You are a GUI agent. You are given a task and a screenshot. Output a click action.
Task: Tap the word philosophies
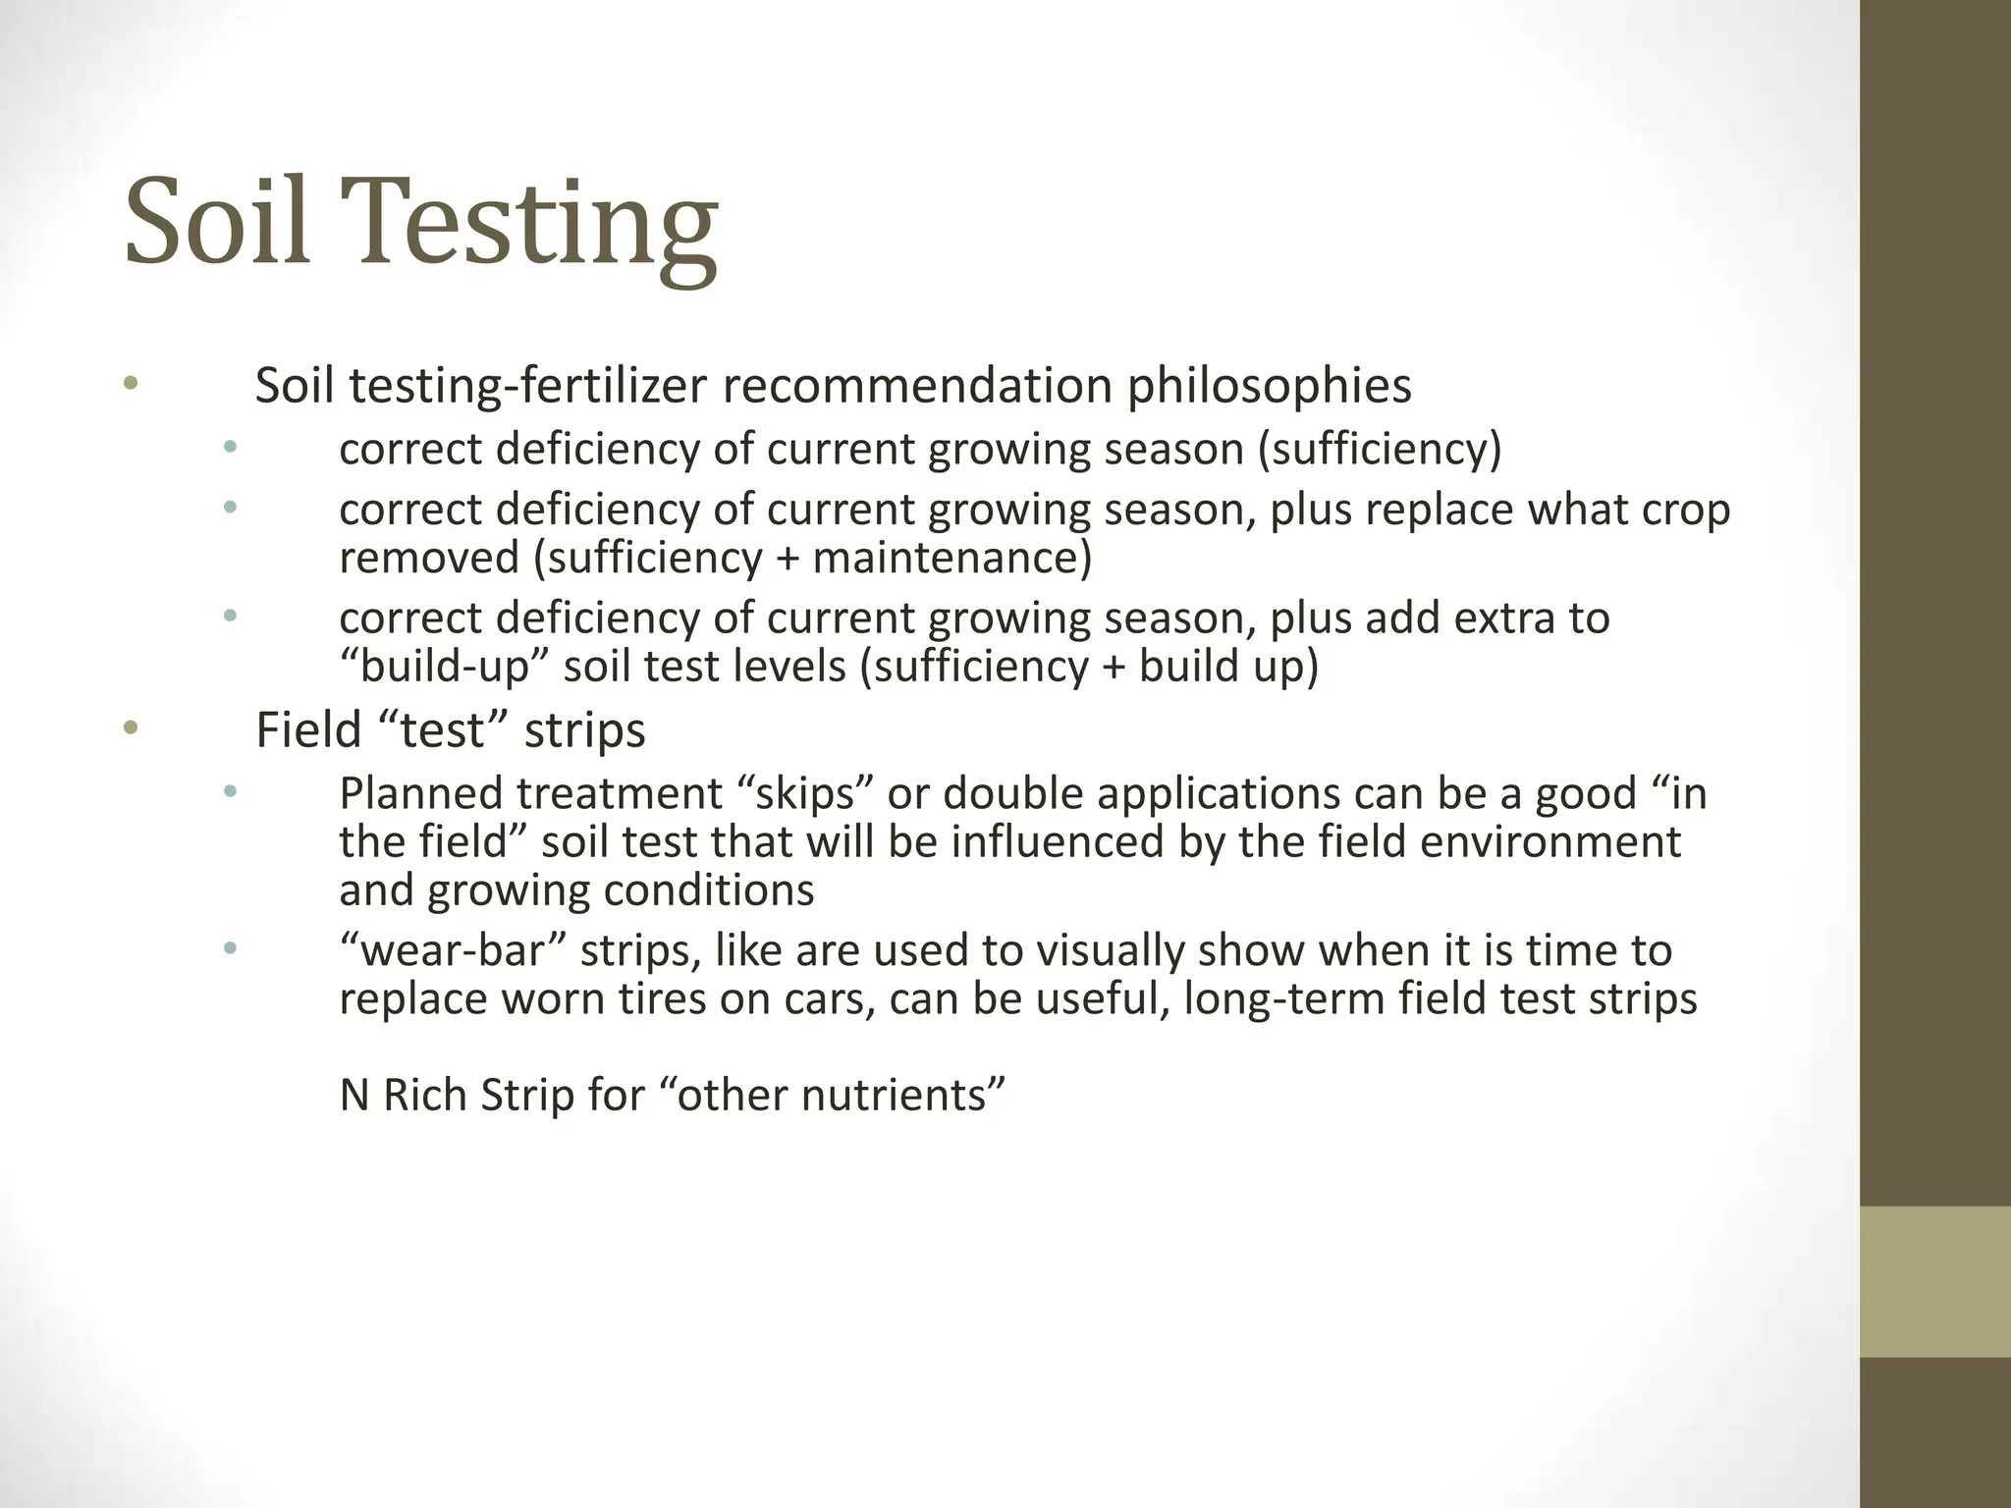coord(1269,386)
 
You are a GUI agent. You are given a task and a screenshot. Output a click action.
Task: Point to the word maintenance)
coord(951,558)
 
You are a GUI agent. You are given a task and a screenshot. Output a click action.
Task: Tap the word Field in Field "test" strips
coord(308,730)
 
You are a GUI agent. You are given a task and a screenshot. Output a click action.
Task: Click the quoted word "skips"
coord(804,793)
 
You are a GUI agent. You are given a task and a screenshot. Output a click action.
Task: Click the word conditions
coord(708,890)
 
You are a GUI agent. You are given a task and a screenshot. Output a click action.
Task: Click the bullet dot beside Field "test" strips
coord(132,728)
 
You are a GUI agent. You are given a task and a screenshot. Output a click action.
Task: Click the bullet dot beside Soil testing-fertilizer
coord(132,384)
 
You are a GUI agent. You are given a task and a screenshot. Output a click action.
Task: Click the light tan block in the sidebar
coord(1934,1282)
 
